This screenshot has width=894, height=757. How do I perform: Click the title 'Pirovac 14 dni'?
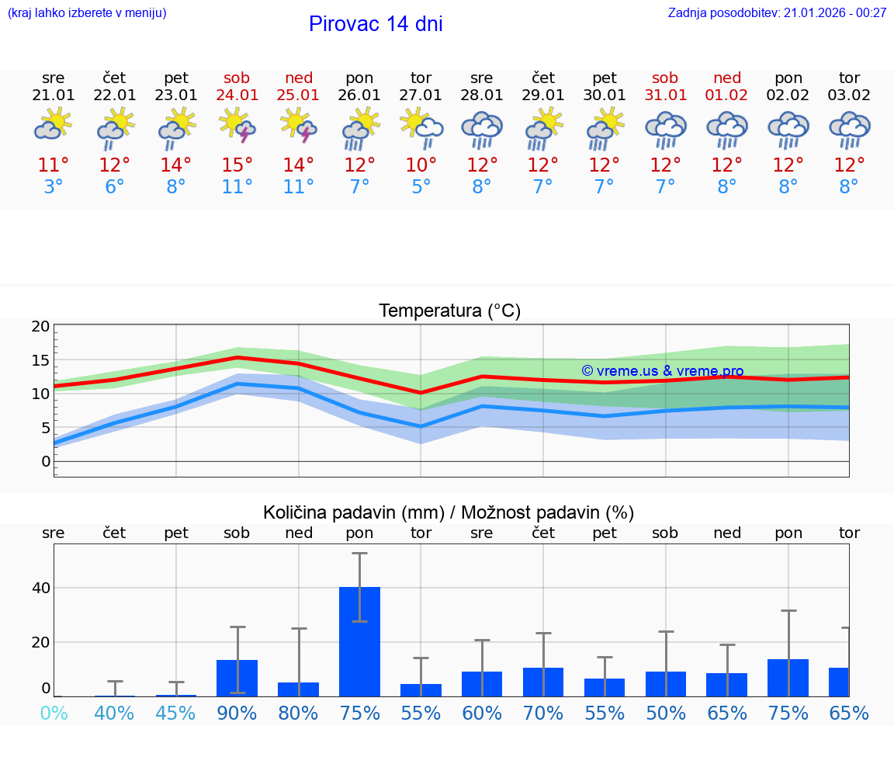point(376,24)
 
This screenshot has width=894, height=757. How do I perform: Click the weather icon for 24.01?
point(237,127)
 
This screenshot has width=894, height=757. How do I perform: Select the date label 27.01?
point(421,95)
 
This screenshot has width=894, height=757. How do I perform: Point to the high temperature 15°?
point(237,165)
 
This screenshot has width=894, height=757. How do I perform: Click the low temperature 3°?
point(54,186)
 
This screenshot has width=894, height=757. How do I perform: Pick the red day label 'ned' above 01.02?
point(727,78)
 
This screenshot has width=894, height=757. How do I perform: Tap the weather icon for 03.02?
point(849,130)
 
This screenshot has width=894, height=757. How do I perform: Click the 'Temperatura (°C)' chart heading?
point(449,311)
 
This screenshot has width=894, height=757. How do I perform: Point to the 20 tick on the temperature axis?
point(41,326)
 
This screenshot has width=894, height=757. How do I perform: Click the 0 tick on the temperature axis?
point(46,461)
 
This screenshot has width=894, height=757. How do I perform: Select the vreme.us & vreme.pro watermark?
point(663,371)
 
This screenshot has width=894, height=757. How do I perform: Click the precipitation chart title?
point(449,512)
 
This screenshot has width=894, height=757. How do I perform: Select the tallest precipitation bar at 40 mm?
point(360,641)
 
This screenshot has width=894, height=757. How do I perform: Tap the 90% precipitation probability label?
point(237,713)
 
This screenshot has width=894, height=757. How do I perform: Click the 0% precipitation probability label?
point(54,713)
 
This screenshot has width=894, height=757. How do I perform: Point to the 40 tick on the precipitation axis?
point(41,588)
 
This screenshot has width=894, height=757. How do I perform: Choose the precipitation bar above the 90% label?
point(237,678)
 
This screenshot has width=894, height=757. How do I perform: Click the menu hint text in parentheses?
point(87,12)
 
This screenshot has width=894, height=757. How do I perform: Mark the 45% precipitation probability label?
point(176,713)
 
